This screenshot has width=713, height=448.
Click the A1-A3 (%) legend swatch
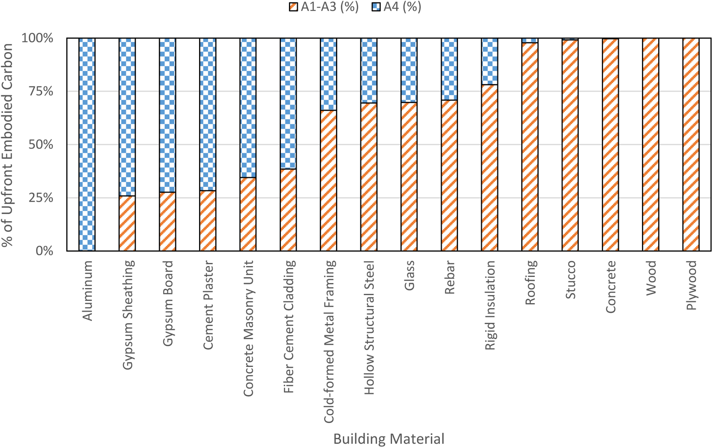(x=293, y=7)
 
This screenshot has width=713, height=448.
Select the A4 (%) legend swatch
(x=376, y=7)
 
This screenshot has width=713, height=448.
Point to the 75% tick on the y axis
(x=41, y=91)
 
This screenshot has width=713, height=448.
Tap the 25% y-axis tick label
(x=41, y=198)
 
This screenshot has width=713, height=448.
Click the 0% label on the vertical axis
(x=44, y=251)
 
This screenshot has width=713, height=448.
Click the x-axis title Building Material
(x=389, y=439)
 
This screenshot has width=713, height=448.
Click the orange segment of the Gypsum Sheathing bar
(x=127, y=224)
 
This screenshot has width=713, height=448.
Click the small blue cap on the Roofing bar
(x=530, y=40)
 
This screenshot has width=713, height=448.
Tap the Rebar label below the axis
(x=450, y=277)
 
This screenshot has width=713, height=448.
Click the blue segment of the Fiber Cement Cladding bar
(x=288, y=103)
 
